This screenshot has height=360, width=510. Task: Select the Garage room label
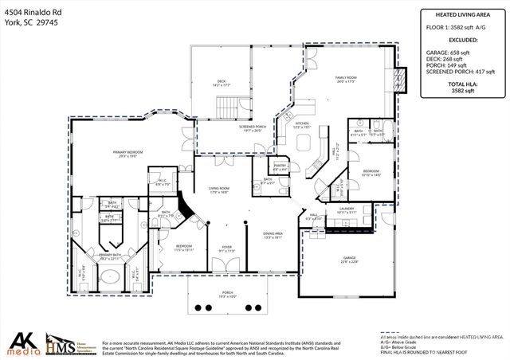tap(347, 259)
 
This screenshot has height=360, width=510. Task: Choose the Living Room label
tap(219, 190)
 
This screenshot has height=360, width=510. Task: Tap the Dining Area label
tap(273, 235)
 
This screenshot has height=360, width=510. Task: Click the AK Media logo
tap(24, 343)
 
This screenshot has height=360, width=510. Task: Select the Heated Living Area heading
tap(457, 14)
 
